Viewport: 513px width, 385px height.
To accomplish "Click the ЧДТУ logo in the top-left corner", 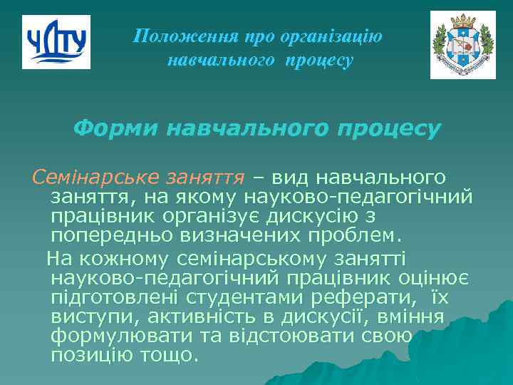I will click(56, 42).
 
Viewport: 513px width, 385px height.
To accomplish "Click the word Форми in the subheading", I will click(117, 129).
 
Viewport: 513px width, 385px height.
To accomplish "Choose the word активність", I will click(225, 316).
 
